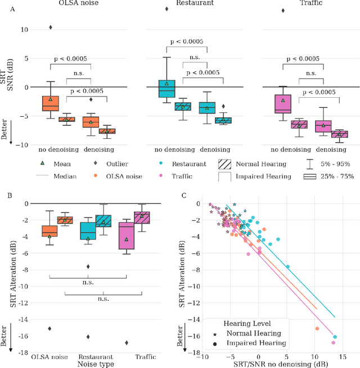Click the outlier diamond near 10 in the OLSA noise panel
[x=51, y=28]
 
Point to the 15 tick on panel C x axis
[x=342, y=357]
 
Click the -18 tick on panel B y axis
[x=24, y=353]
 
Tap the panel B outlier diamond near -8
[x=88, y=266]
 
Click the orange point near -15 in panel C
[x=317, y=329]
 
